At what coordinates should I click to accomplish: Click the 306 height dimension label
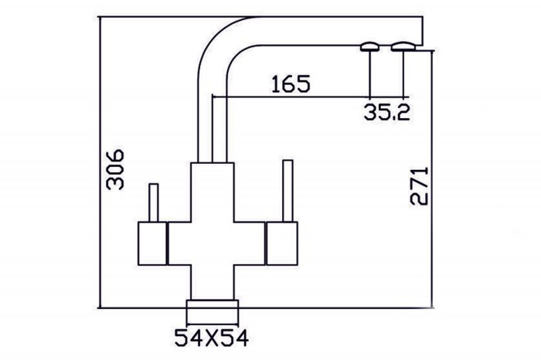pyautogui.click(x=115, y=169)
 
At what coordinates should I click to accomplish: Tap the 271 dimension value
pyautogui.click(x=419, y=186)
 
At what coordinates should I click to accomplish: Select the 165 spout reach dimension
pyautogui.click(x=291, y=83)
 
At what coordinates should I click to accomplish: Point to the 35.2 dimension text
pyautogui.click(x=386, y=111)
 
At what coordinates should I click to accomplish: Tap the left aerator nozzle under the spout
pyautogui.click(x=370, y=47)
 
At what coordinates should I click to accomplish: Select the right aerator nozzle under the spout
pyautogui.click(x=403, y=46)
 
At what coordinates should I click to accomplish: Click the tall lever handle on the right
pyautogui.click(x=288, y=191)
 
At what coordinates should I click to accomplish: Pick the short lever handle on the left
pyautogui.click(x=154, y=202)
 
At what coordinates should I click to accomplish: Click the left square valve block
pyautogui.click(x=152, y=243)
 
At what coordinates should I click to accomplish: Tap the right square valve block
pyautogui.click(x=282, y=243)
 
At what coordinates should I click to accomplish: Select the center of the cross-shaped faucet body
pyautogui.click(x=213, y=243)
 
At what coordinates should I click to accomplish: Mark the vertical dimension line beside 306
pyautogui.click(x=100, y=162)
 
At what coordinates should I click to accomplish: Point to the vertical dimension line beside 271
pyautogui.click(x=431, y=179)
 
